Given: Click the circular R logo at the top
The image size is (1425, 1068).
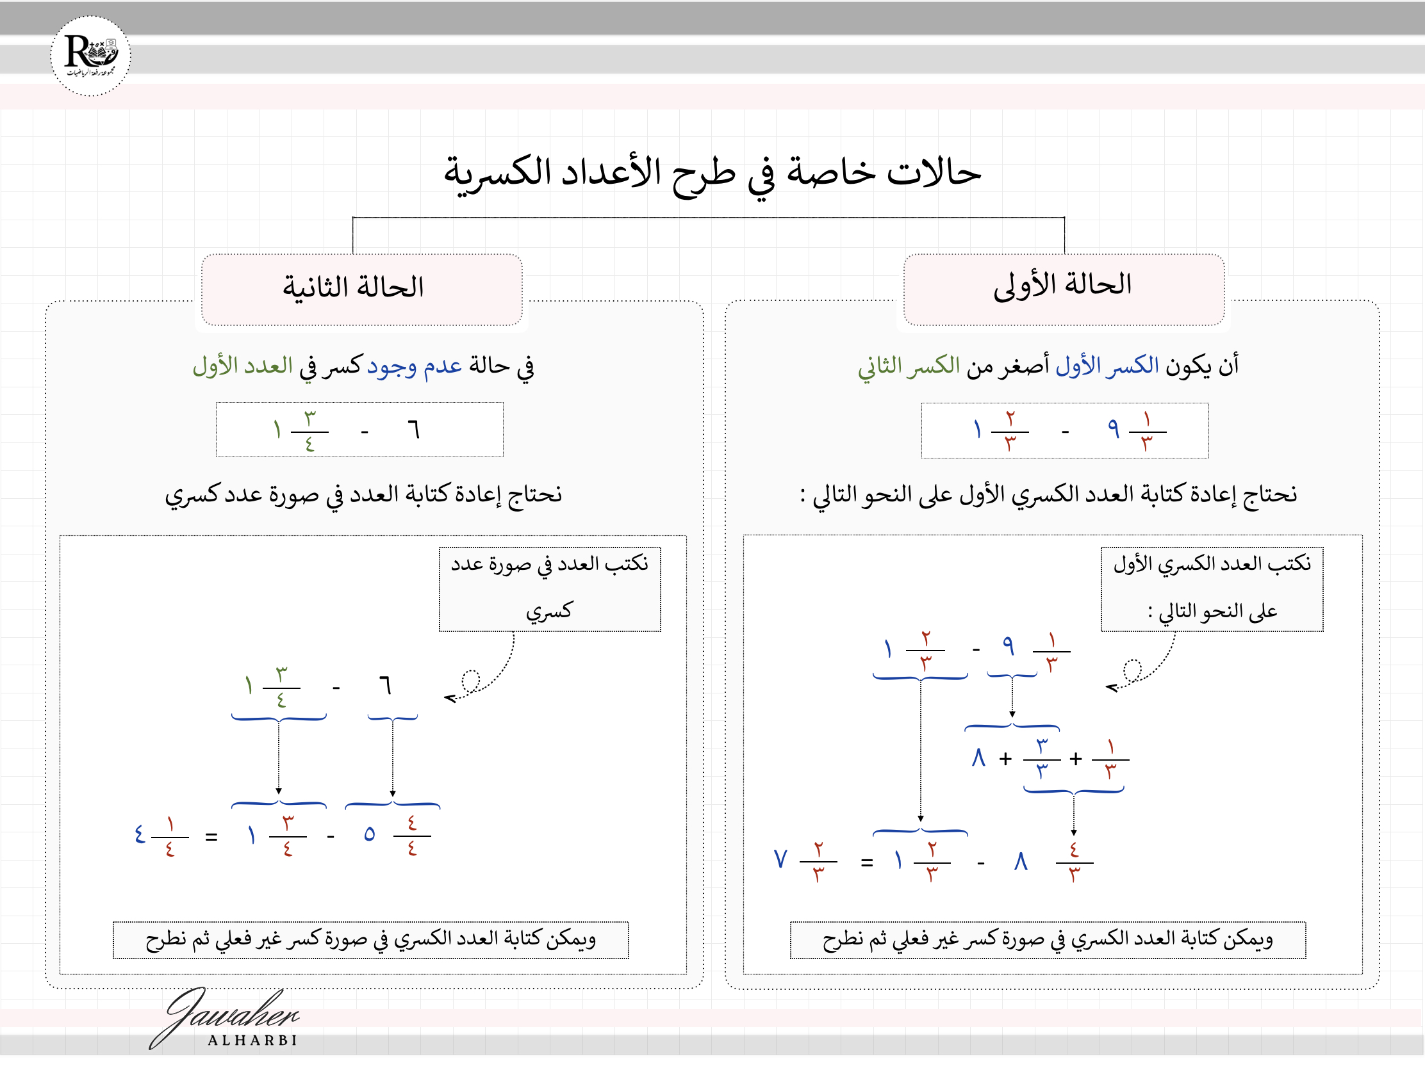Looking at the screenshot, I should tap(90, 56).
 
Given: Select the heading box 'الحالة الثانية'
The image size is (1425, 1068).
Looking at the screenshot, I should tap(361, 289).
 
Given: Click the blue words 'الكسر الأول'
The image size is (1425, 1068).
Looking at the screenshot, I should tap(1107, 366).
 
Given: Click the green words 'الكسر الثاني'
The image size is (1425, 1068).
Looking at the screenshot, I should tap(909, 366).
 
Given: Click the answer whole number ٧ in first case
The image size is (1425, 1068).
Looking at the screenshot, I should tap(781, 859).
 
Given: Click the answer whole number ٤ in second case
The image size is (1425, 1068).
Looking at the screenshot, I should tap(140, 835).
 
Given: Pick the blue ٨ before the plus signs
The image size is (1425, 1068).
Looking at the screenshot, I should tap(978, 758).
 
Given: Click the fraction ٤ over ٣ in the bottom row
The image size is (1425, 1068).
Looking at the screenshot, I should tap(1074, 862).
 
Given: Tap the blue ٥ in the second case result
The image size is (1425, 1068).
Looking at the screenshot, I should tap(369, 834).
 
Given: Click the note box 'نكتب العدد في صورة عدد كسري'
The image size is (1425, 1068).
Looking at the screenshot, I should tap(550, 588).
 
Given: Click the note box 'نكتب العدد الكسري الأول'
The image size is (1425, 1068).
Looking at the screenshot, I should tap(1212, 588).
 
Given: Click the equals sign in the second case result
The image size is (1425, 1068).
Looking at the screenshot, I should tap(211, 837).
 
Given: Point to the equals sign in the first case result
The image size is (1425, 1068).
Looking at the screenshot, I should tap(867, 862).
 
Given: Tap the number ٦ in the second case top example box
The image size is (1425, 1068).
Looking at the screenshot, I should tap(413, 429).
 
